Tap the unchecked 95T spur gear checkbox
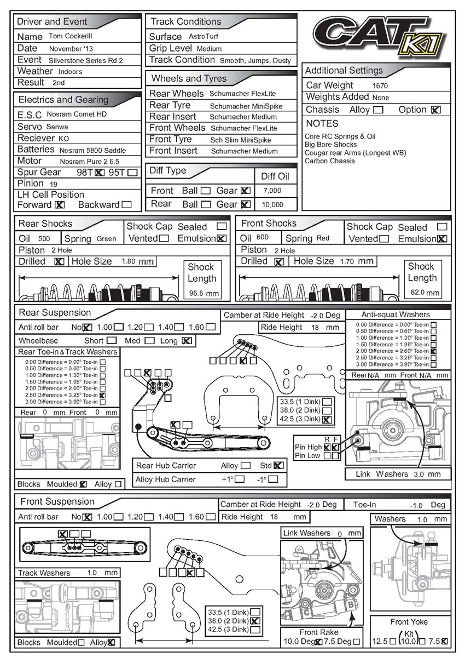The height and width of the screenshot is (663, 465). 132,173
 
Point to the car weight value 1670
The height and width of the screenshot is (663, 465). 380,86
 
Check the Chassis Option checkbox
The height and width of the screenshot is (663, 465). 435,110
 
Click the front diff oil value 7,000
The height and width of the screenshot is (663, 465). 272,191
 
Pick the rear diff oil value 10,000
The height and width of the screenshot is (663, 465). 272,204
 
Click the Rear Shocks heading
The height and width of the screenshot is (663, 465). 45,224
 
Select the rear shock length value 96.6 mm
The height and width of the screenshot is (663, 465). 203,294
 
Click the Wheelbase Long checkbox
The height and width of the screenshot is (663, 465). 187,341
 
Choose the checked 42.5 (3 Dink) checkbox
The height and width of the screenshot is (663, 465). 327,420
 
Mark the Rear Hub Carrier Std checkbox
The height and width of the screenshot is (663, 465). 278,465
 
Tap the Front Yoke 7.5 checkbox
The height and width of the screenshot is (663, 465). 444,641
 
